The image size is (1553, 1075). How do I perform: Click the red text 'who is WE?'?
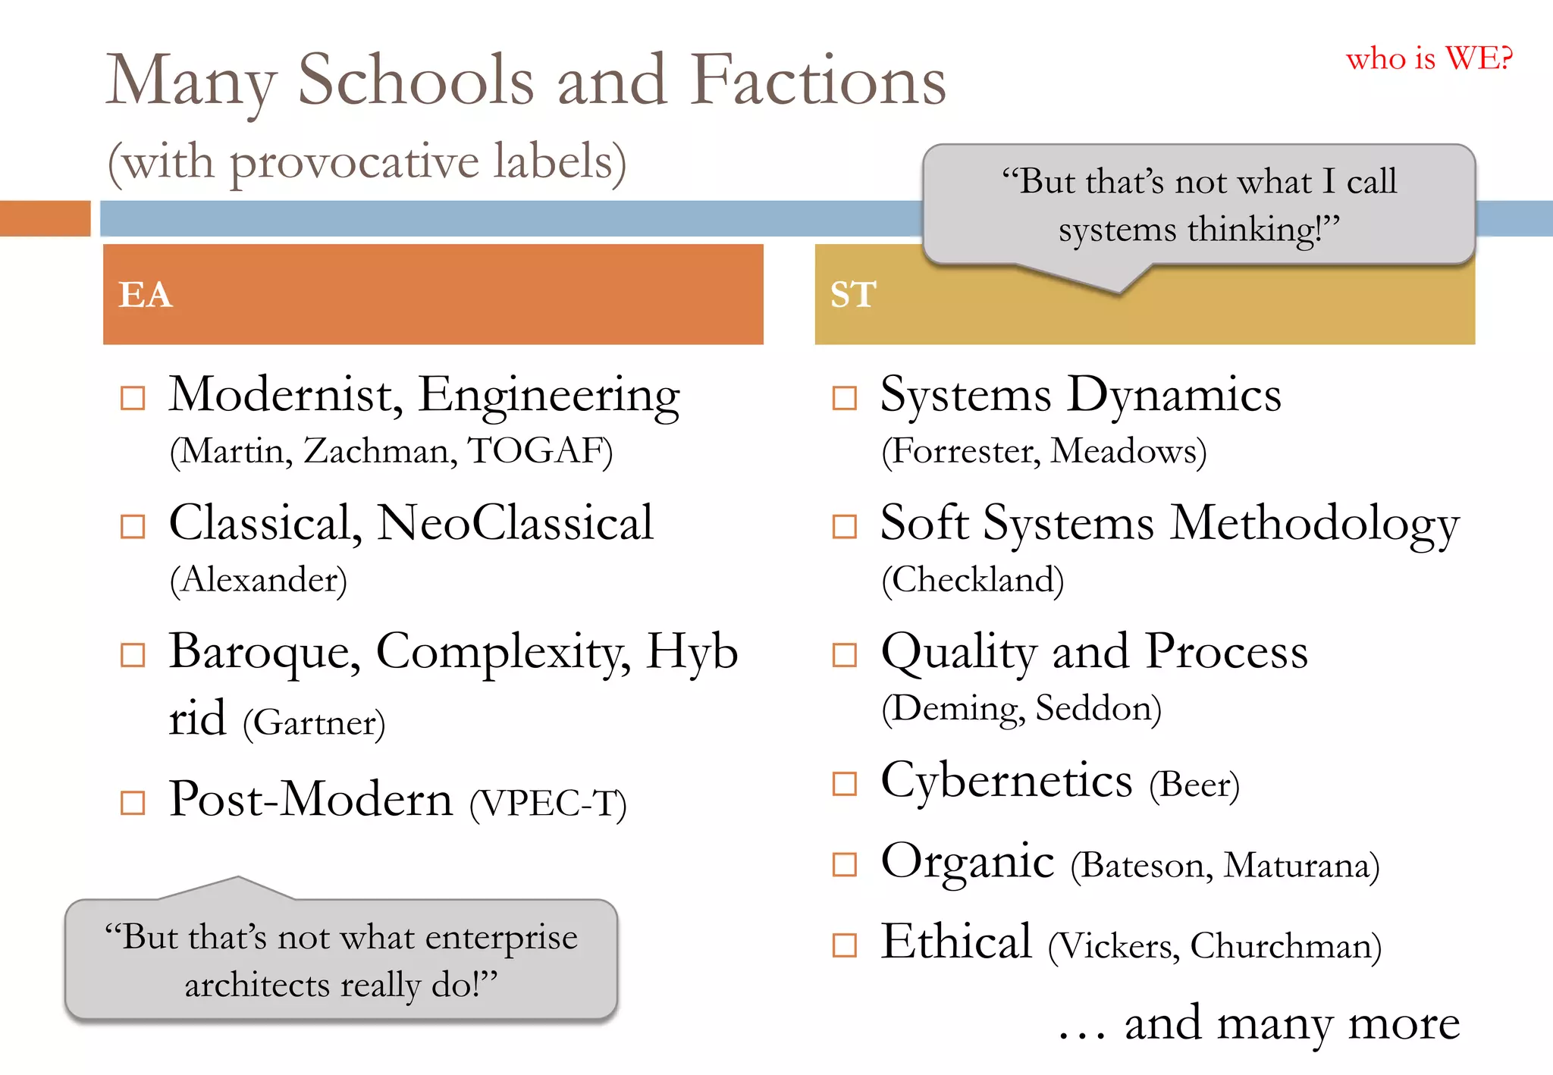click(x=1429, y=58)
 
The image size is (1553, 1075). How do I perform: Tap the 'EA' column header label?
click(x=146, y=294)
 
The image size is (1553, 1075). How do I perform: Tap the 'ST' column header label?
click(x=853, y=294)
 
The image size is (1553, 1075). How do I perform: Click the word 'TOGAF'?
click(x=537, y=451)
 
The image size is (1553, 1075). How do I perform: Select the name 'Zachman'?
click(x=379, y=451)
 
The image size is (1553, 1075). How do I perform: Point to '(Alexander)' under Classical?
click(x=259, y=580)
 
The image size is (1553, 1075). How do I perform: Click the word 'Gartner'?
click(x=314, y=722)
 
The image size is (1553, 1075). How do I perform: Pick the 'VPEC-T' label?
click(x=547, y=804)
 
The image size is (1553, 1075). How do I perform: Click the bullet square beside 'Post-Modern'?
click(x=133, y=802)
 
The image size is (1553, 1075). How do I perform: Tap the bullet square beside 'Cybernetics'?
click(x=844, y=783)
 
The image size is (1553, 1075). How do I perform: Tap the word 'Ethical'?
click(x=956, y=942)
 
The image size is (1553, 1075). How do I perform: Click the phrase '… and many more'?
click(x=1259, y=1023)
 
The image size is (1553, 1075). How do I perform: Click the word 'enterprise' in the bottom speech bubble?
click(x=502, y=938)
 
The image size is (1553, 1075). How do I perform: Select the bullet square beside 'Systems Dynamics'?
click(x=844, y=397)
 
